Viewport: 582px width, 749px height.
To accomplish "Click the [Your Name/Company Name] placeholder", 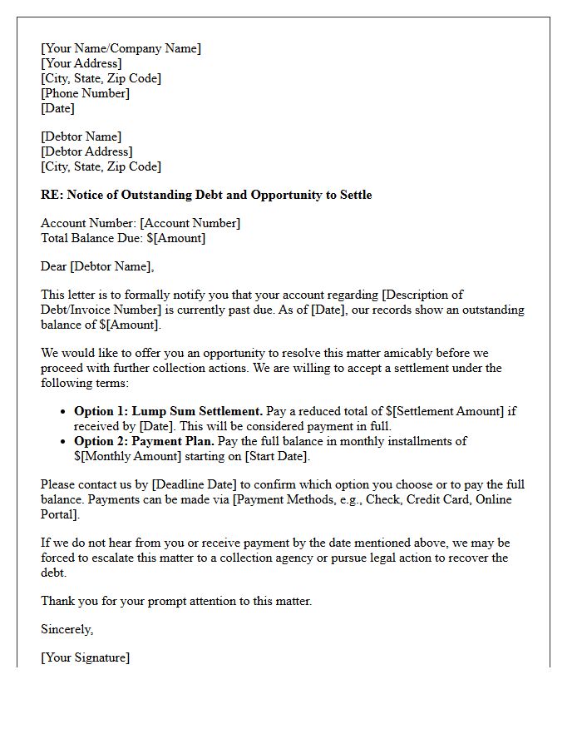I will (x=121, y=48).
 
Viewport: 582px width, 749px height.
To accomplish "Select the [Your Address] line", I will (x=81, y=63).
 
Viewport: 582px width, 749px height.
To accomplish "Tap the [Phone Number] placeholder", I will (x=85, y=93).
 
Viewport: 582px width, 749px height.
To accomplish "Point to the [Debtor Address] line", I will (x=86, y=151).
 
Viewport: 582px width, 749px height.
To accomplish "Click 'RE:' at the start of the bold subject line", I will (x=52, y=195).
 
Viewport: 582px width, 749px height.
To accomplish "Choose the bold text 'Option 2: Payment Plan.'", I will (x=144, y=441).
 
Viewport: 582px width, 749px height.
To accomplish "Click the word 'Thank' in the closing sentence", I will (x=58, y=601).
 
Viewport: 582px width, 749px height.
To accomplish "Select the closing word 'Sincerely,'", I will (x=67, y=629).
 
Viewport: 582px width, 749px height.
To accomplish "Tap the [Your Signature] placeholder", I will (x=85, y=657).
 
